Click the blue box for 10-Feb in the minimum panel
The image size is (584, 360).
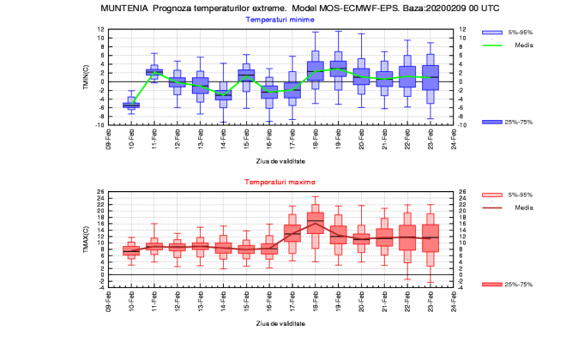click(131, 105)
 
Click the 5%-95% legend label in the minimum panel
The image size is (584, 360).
click(520, 32)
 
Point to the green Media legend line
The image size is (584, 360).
click(491, 45)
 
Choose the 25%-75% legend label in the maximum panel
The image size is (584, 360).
click(520, 284)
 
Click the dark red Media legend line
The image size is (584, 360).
click(491, 207)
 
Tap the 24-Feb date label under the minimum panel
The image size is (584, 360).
click(454, 139)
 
